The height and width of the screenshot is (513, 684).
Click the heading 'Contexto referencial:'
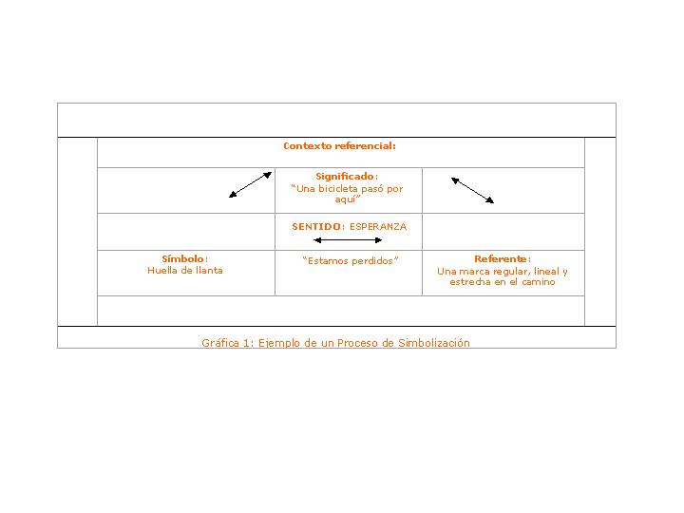point(339,146)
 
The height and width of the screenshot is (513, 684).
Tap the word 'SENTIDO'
point(315,227)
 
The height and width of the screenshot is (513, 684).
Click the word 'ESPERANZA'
point(377,227)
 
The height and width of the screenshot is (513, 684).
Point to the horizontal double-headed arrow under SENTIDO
point(348,240)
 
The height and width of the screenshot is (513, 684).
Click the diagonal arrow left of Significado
point(251,184)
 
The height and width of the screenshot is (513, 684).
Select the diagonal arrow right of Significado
point(472,190)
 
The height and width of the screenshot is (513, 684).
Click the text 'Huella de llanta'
point(185,271)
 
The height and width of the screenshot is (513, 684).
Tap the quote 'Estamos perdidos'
point(350,261)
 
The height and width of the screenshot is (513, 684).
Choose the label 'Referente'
point(501,259)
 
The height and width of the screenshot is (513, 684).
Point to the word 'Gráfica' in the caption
point(219,343)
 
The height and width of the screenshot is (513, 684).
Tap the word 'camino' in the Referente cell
point(537,282)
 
